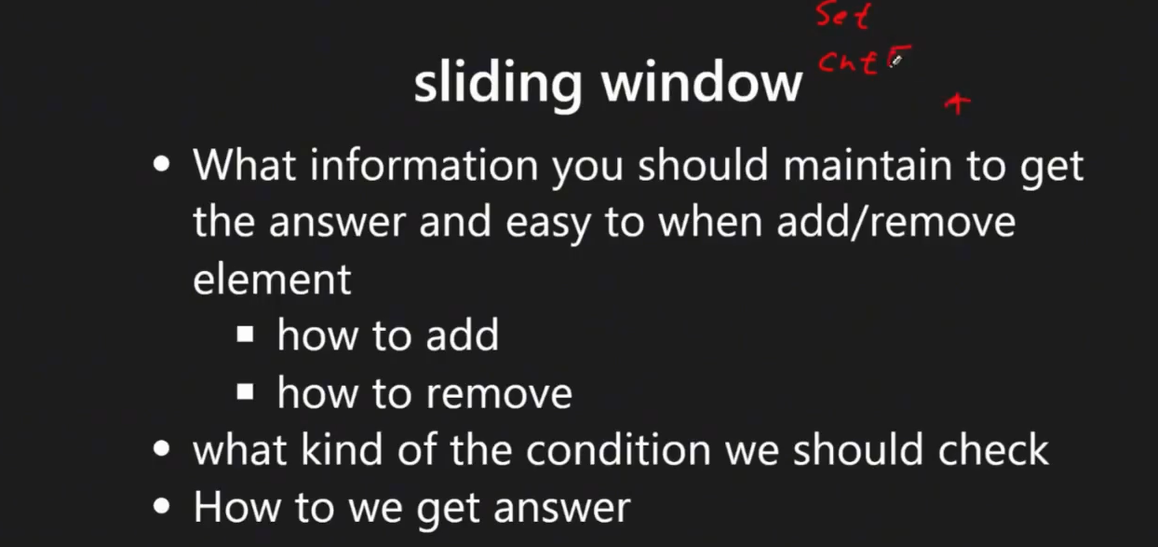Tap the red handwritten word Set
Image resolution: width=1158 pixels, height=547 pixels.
pyautogui.click(x=843, y=16)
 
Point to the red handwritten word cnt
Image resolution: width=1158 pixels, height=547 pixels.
pyautogui.click(x=848, y=63)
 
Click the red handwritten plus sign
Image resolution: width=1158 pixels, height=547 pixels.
pyautogui.click(x=958, y=103)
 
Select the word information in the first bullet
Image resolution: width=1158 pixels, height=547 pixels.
pyautogui.click(x=424, y=166)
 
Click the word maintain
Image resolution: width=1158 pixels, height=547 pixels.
pyautogui.click(x=868, y=166)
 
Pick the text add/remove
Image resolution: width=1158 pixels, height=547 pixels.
pyautogui.click(x=895, y=223)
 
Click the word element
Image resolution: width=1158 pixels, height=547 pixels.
pyautogui.click(x=272, y=280)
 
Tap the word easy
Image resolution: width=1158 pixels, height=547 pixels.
pyautogui.click(x=547, y=225)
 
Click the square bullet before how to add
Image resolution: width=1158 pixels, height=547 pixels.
pyautogui.click(x=245, y=334)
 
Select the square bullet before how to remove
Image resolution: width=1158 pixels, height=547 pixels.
pyautogui.click(x=245, y=391)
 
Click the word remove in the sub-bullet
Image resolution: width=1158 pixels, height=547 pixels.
pyautogui.click(x=499, y=394)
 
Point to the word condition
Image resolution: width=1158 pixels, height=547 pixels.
pyautogui.click(x=618, y=450)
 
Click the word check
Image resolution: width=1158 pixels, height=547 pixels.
pyautogui.click(x=993, y=450)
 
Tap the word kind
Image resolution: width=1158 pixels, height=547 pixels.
pyautogui.click(x=343, y=450)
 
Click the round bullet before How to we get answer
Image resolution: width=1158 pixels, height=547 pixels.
pyautogui.click(x=162, y=506)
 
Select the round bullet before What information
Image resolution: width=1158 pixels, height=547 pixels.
pyautogui.click(x=162, y=164)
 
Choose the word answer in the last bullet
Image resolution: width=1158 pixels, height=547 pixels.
pyautogui.click(x=562, y=509)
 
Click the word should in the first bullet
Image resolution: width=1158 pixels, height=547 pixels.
pyautogui.click(x=703, y=166)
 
